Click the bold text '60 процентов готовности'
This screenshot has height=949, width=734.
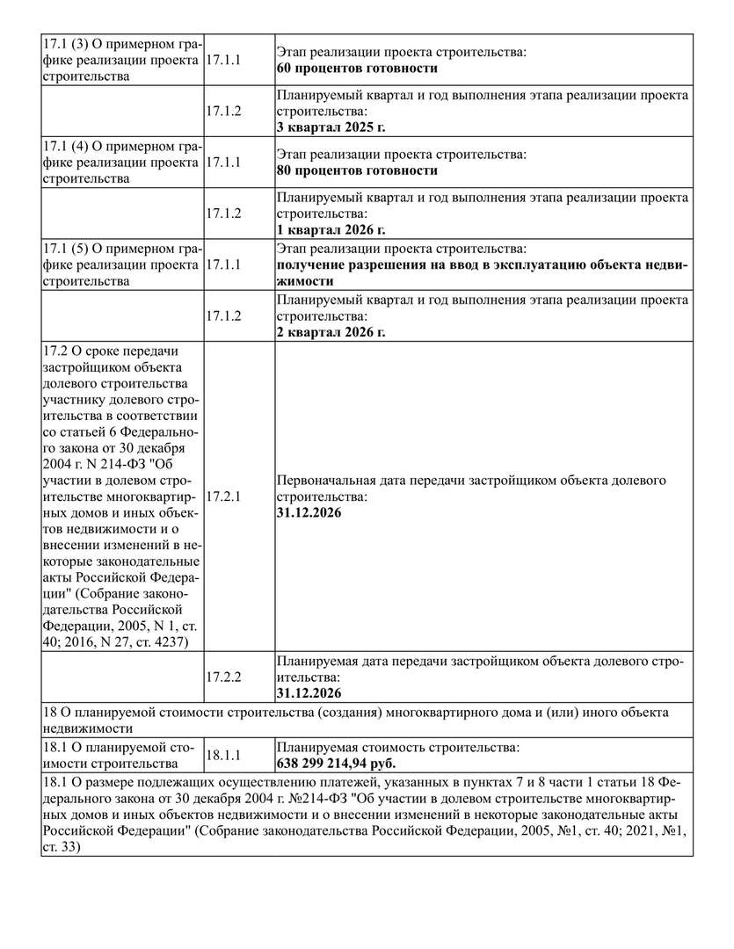pyautogui.click(x=357, y=69)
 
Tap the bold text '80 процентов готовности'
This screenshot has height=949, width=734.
pyautogui.click(x=357, y=170)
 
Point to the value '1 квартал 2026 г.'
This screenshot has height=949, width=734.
pyautogui.click(x=331, y=230)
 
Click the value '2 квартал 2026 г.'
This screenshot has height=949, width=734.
pyautogui.click(x=331, y=332)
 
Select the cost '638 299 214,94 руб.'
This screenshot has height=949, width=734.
pyautogui.click(x=336, y=762)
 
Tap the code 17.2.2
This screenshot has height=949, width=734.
pyautogui.click(x=223, y=677)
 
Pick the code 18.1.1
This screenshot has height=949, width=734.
pyautogui.click(x=223, y=755)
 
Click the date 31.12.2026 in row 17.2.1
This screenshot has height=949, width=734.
pyautogui.click(x=309, y=512)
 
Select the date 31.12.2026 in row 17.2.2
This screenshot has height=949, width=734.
pyautogui.click(x=309, y=693)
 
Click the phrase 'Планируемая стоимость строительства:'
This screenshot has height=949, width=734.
pyautogui.click(x=397, y=747)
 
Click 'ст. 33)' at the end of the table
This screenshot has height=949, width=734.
pyautogui.click(x=61, y=848)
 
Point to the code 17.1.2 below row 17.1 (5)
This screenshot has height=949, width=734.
pyautogui.click(x=223, y=315)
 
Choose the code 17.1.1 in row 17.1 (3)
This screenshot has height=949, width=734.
pyautogui.click(x=223, y=61)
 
